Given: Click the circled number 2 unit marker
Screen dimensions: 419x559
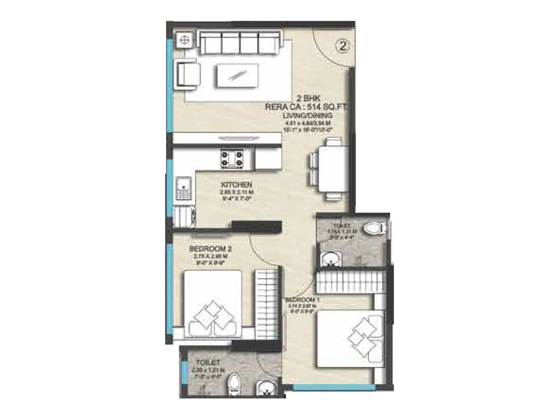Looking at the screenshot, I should (343, 46).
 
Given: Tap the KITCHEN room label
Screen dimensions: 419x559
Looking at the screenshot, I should (236, 184).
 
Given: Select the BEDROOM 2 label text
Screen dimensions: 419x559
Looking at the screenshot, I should (210, 249).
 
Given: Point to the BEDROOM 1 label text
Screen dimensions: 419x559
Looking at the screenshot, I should (303, 300).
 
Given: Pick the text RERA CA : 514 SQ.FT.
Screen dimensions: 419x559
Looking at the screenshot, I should (306, 107).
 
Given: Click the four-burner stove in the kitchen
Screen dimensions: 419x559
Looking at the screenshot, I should (232, 158).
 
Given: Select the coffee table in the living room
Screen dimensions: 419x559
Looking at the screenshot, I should (237, 75).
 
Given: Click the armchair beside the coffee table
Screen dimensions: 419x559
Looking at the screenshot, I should (188, 74).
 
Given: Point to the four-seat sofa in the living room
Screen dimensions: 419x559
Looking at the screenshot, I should (240, 43).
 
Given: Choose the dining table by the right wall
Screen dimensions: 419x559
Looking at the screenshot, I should (333, 169).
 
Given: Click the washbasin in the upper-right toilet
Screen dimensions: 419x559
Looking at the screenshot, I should (330, 259).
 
